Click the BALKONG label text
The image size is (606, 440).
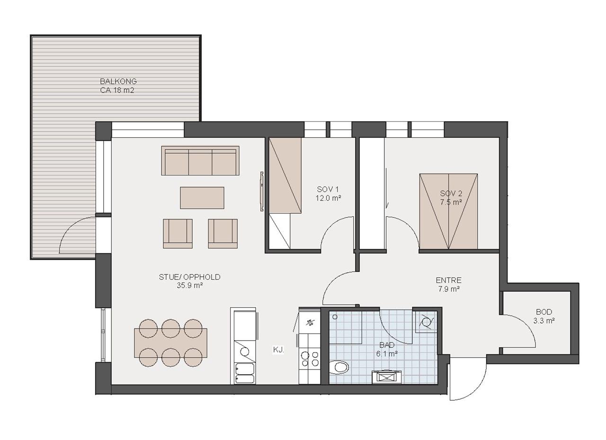[118, 81]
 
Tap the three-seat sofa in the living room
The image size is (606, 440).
[200, 160]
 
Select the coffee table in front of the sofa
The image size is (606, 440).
[202, 198]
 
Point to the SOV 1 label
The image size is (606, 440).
[328, 189]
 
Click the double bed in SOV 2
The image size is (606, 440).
[448, 211]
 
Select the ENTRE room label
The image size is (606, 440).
[448, 280]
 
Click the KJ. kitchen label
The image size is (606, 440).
[278, 350]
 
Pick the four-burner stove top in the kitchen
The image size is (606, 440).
[310, 359]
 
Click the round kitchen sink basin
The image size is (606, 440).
[245, 352]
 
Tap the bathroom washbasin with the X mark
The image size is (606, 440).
[387, 377]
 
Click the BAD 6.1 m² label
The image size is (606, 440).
[387, 349]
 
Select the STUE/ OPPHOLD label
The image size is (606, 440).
[189, 277]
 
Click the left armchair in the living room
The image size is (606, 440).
[178, 234]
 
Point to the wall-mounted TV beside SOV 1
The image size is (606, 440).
[262, 191]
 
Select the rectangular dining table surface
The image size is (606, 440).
[171, 343]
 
